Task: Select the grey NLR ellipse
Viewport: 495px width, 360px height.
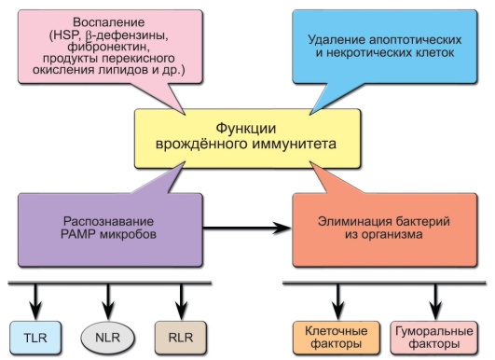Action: [107, 333]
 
